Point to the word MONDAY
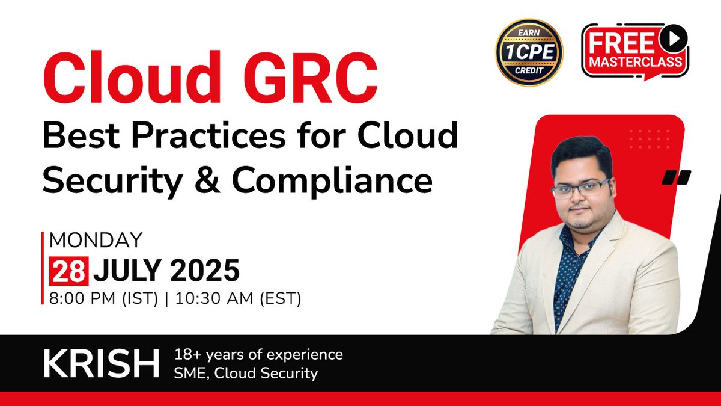click(x=96, y=241)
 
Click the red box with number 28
click(x=70, y=271)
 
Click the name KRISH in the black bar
click(x=101, y=363)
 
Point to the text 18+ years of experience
click(x=258, y=354)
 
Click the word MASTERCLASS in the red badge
click(x=634, y=61)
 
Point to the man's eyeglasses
click(x=580, y=189)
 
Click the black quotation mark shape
click(x=677, y=177)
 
